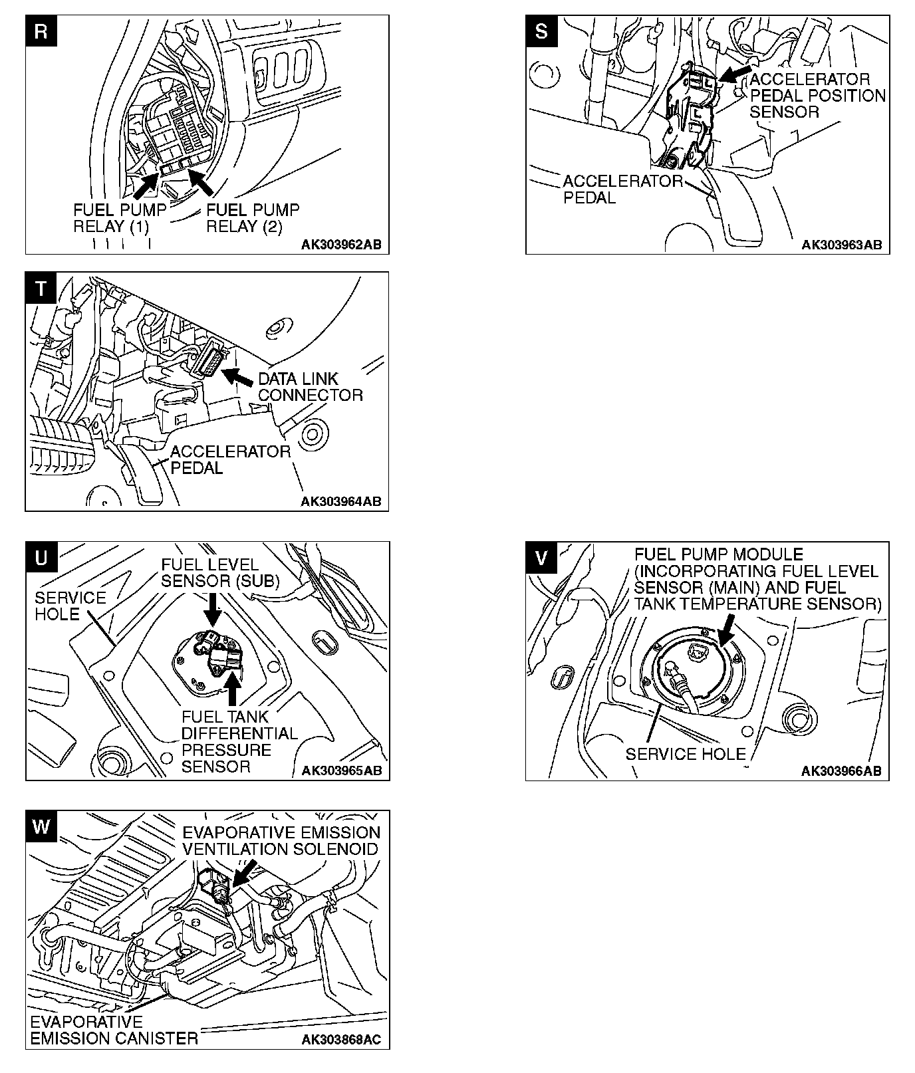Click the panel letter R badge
pyautogui.click(x=41, y=31)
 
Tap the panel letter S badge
pyautogui.click(x=541, y=31)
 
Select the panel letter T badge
pyautogui.click(x=41, y=288)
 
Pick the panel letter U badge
pyautogui.click(x=41, y=558)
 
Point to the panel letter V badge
pyautogui.click(x=541, y=558)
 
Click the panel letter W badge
pyautogui.click(x=41, y=826)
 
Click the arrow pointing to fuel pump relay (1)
pyautogui.click(x=148, y=185)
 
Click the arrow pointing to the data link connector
pyautogui.click(x=237, y=376)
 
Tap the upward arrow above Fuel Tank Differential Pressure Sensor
pyautogui.click(x=232, y=689)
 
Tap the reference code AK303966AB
pyautogui.click(x=841, y=771)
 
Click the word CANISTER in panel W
pyautogui.click(x=156, y=1038)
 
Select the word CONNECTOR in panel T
pyautogui.click(x=311, y=395)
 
